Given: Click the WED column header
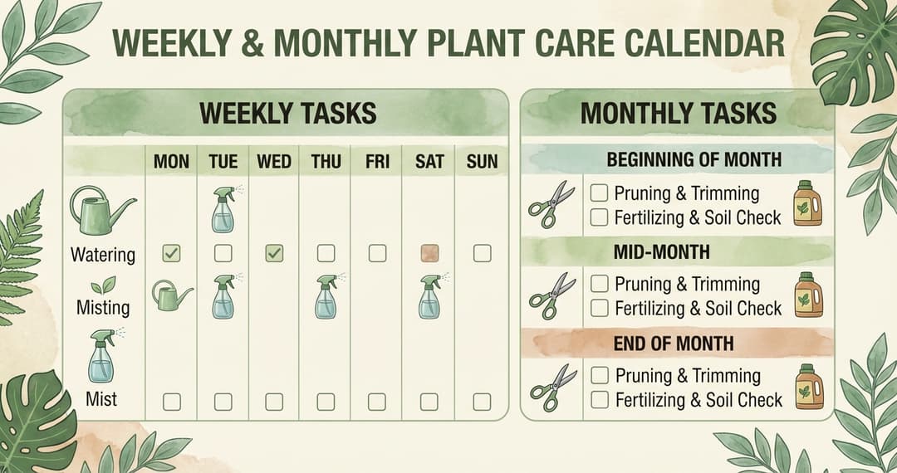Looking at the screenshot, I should point(274,161).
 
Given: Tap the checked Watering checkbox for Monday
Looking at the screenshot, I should point(171,254).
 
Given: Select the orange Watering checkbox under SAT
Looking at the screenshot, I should point(429,254).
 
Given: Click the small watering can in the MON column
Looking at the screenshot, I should point(171,295).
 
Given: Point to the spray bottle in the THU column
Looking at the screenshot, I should point(326,296).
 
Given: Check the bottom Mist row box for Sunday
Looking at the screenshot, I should point(482,402).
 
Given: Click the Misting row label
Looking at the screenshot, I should point(103,307).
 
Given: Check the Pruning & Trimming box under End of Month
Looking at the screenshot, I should point(600,375).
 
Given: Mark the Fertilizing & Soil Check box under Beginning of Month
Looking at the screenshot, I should point(600,217).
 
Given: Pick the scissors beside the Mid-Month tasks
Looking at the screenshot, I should point(552,295).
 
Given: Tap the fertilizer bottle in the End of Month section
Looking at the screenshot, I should point(807,387).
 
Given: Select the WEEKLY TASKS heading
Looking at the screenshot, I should point(288,113).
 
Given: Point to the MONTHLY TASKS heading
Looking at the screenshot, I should point(678,113).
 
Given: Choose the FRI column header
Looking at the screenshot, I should point(377,161).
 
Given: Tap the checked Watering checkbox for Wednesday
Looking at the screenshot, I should point(274,254).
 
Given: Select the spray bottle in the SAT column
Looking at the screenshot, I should point(429,296).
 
